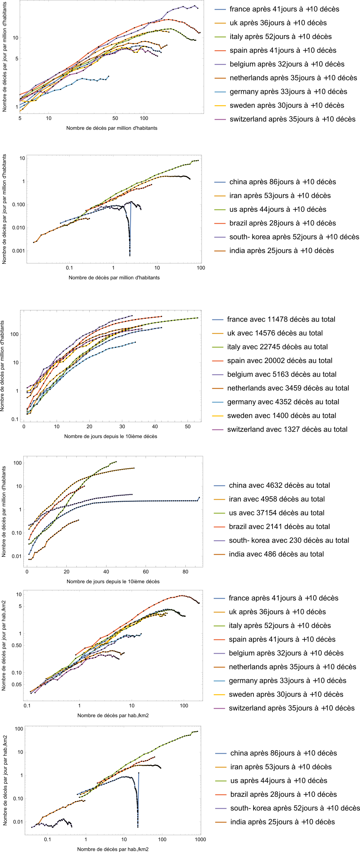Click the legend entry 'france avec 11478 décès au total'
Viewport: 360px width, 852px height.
(x=281, y=319)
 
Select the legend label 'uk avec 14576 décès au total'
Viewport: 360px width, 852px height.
(x=275, y=333)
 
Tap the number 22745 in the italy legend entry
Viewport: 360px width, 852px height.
(x=271, y=347)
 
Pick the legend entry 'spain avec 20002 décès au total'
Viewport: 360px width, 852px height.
(x=280, y=361)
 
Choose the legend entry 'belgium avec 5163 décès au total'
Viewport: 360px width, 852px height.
(x=282, y=375)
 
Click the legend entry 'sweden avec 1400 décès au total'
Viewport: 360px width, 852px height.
(x=281, y=416)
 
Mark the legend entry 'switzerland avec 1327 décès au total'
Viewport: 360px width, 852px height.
(x=287, y=429)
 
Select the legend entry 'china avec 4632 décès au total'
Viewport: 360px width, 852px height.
(x=279, y=485)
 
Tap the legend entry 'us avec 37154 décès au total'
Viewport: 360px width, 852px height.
(x=276, y=513)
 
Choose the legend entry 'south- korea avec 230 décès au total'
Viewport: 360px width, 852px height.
(x=289, y=541)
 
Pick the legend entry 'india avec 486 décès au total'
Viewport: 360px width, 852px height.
(x=276, y=554)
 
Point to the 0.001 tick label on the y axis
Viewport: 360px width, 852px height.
(x=19, y=251)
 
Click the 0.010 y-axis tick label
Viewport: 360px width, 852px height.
(x=19, y=228)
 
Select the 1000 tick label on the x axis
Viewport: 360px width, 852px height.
(x=200, y=839)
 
